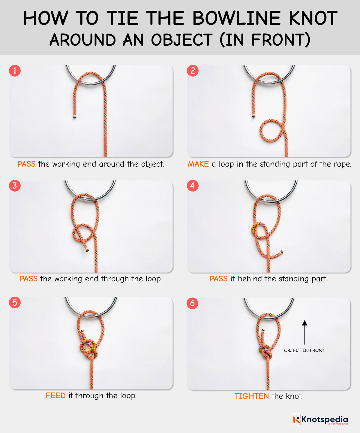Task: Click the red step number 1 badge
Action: (15, 71)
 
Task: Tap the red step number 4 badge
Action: (192, 186)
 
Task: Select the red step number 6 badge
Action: (192, 303)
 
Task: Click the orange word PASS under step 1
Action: (26, 164)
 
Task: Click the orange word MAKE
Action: (198, 164)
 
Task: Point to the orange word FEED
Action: (55, 396)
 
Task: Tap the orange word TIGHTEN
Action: (251, 396)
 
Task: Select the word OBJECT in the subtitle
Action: (181, 40)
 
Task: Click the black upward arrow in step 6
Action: (304, 332)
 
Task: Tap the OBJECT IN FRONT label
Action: (304, 350)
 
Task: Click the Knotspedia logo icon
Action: (296, 419)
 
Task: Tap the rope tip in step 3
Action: (87, 250)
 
